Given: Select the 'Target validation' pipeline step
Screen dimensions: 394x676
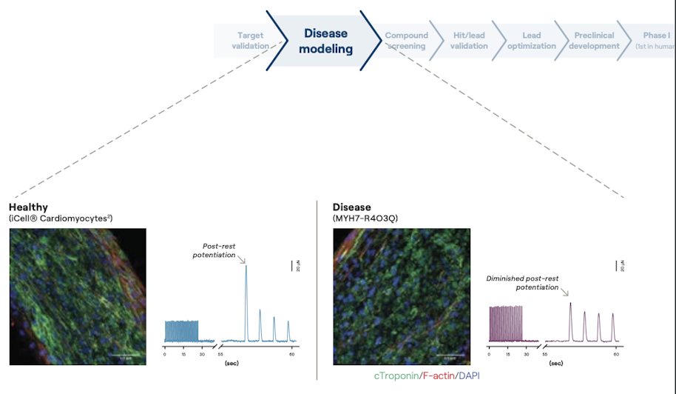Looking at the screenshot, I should pyautogui.click(x=250, y=41).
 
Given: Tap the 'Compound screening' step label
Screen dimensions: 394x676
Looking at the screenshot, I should pyautogui.click(x=406, y=41).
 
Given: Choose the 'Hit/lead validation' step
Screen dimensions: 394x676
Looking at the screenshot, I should pyautogui.click(x=469, y=41).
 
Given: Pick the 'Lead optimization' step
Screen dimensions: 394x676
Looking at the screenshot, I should pyautogui.click(x=531, y=41).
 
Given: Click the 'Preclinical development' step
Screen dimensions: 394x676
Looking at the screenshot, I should pyautogui.click(x=595, y=41).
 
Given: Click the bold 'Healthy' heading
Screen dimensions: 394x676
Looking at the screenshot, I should pyautogui.click(x=28, y=207).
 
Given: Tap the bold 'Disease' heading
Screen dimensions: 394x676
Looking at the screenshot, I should pyautogui.click(x=352, y=207).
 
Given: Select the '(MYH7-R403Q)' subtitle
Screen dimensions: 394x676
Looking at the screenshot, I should pyautogui.click(x=366, y=218).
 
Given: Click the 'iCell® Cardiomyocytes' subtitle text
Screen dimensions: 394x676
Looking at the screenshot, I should pyautogui.click(x=61, y=218).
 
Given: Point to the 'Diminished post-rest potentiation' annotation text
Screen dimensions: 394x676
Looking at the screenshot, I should pyautogui.click(x=522, y=283).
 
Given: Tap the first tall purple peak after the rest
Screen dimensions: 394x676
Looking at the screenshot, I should pyautogui.click(x=570, y=304).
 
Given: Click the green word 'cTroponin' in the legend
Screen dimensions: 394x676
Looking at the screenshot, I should pyautogui.click(x=396, y=376).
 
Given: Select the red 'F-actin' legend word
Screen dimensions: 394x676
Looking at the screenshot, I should pyautogui.click(x=438, y=376).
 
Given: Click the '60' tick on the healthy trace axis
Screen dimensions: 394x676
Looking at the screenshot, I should pyautogui.click(x=292, y=355).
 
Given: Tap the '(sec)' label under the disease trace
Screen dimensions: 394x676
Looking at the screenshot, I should pyautogui.click(x=556, y=364).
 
